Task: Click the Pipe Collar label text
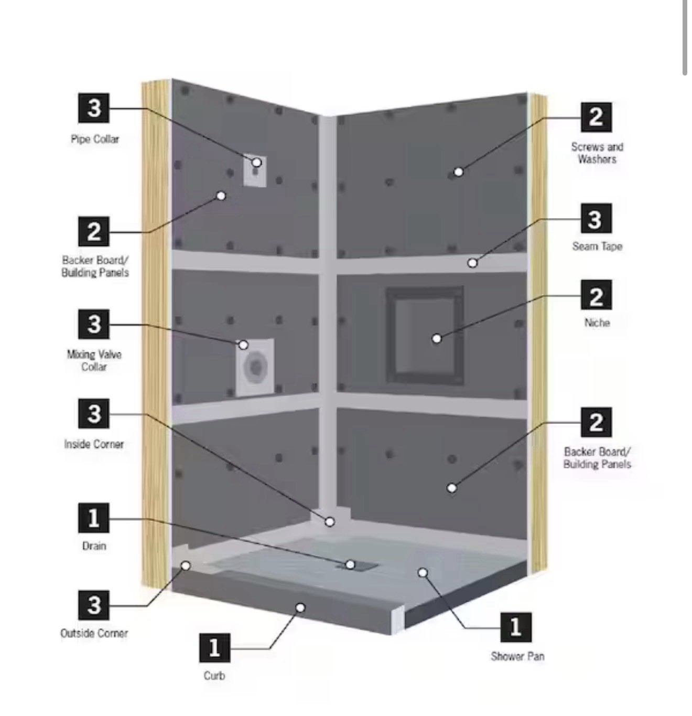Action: click(x=95, y=139)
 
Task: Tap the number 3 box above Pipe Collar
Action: click(x=94, y=109)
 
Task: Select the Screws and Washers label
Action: click(x=597, y=153)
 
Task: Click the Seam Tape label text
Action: click(x=597, y=246)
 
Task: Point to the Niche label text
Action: click(x=597, y=323)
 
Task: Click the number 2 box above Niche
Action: click(x=596, y=296)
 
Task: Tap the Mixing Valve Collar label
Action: click(x=94, y=360)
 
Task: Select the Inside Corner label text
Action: click(x=94, y=444)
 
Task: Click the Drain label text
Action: click(x=94, y=546)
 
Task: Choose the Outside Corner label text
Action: click(x=94, y=633)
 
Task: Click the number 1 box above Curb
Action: click(x=214, y=648)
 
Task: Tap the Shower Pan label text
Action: click(x=517, y=656)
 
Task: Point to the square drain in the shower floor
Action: click(x=361, y=565)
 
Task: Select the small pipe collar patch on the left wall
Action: click(x=255, y=171)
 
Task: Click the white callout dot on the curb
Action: click(x=300, y=608)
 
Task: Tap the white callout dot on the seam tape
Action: click(x=472, y=263)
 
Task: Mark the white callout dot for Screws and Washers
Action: click(x=459, y=172)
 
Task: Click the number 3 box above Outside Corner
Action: click(x=94, y=605)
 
